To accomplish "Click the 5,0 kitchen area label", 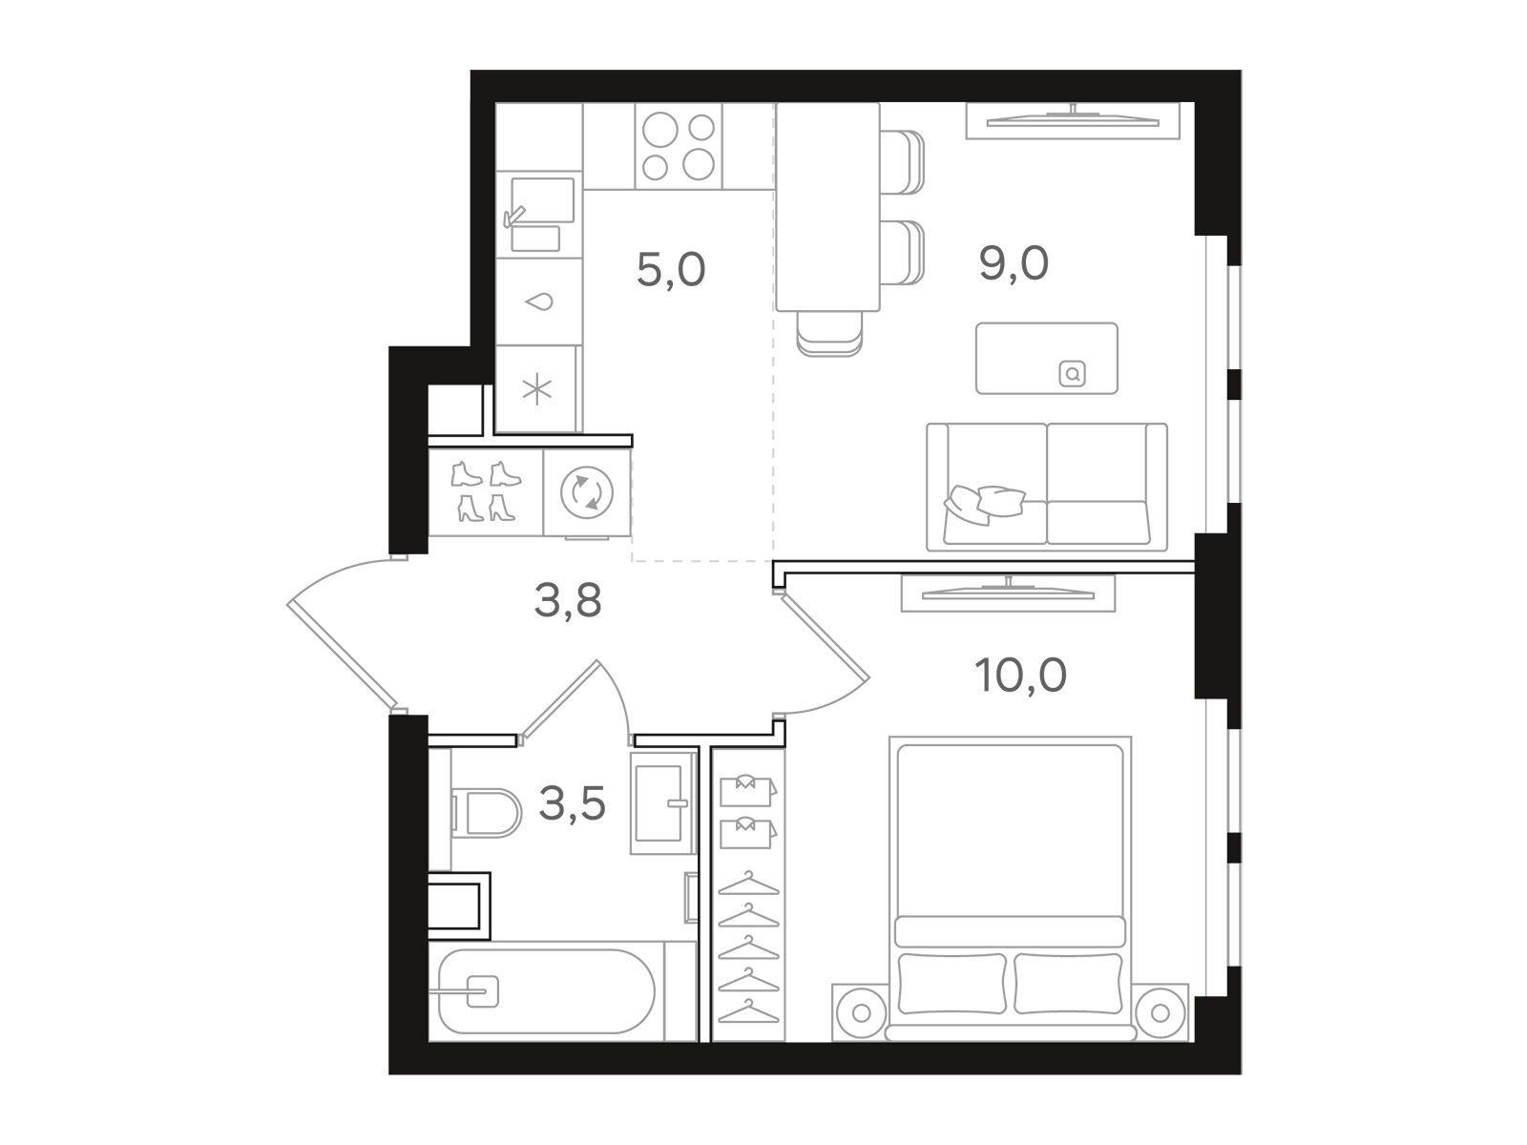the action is [671, 270].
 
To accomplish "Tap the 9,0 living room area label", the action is [1013, 263].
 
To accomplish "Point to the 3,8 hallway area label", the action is [568, 600].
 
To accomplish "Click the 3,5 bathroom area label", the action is [572, 804].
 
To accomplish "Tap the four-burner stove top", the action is [679, 146].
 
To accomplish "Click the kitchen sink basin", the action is [543, 200].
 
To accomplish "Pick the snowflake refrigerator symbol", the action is [537, 390].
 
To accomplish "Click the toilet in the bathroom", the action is [486, 813].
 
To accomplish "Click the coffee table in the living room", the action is [1046, 358].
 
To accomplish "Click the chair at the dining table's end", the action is [829, 333].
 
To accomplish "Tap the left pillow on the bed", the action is [952, 984].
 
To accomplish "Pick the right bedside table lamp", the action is [1159, 1013].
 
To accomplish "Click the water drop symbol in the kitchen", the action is [539, 302].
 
